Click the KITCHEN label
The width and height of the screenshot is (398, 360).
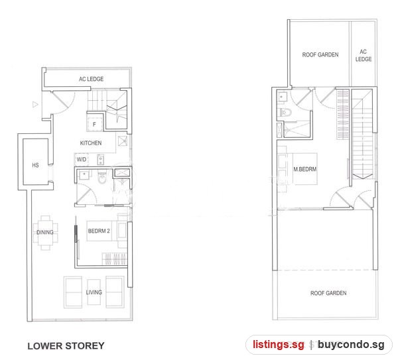[91, 143]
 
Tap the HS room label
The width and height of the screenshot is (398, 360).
[35, 165]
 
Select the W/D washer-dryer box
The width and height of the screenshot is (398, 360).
[82, 160]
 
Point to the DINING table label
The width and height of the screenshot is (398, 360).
[45, 232]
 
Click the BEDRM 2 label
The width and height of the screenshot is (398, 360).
[99, 231]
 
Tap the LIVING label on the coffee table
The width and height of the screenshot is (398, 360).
[94, 292]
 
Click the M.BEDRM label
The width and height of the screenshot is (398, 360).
[305, 169]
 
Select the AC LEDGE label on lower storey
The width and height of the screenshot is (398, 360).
[91, 79]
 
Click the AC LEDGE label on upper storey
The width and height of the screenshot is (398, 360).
[364, 55]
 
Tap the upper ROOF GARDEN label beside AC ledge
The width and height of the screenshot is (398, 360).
[320, 55]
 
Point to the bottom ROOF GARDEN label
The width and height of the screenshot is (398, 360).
[328, 293]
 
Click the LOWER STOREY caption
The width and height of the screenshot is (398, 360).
[66, 346]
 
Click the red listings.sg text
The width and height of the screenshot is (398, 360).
[278, 345]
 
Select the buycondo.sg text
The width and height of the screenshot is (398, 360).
[351, 345]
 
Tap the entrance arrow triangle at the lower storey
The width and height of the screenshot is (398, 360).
[35, 104]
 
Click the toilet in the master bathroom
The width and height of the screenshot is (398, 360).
[286, 112]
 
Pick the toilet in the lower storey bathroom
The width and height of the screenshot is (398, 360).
[102, 178]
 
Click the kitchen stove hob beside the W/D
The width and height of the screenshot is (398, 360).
[101, 159]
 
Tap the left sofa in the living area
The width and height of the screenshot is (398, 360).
[73, 292]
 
